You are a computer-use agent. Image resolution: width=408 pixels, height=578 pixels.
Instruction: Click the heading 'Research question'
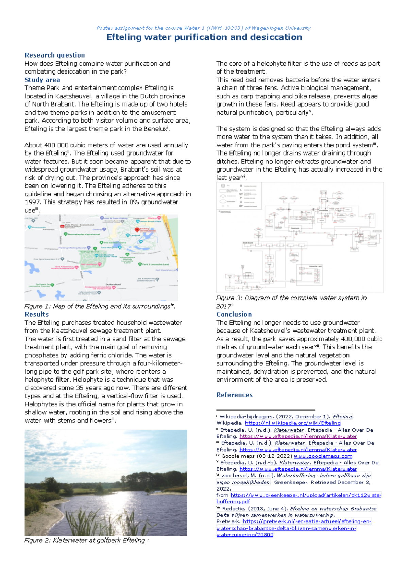[55, 55]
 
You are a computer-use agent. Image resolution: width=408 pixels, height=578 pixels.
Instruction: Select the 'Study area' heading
[42, 80]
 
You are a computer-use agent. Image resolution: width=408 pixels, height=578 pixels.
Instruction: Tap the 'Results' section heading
[36, 314]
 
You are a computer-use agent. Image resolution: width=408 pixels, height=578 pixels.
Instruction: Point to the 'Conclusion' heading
[234, 314]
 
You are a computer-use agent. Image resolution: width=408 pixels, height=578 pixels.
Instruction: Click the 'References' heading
[234, 395]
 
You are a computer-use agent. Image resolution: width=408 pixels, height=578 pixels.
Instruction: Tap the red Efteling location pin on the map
[137, 230]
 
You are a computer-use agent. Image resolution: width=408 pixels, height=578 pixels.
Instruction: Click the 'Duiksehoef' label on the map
[114, 284]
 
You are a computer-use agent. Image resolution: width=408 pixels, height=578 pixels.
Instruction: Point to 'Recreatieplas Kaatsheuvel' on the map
[84, 234]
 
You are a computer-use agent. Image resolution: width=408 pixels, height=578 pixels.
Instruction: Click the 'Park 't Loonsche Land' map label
[155, 264]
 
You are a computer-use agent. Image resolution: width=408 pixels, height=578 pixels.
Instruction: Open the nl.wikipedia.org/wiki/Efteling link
[292, 423]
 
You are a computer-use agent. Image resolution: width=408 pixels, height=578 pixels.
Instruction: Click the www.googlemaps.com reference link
[323, 456]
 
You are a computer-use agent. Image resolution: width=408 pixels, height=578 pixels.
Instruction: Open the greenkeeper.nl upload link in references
[306, 495]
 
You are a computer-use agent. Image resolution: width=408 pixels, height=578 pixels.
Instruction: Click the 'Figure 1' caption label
[38, 306]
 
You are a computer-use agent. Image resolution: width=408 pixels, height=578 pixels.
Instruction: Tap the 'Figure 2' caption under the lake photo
[38, 540]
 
